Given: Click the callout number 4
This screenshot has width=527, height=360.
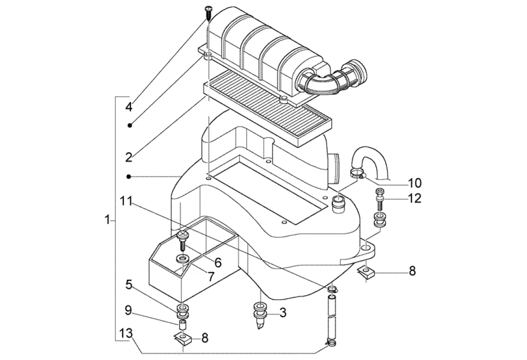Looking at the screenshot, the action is click(129, 107).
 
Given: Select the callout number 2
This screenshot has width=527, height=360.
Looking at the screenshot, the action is click(129, 157).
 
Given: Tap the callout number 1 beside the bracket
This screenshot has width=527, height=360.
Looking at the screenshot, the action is click(107, 220).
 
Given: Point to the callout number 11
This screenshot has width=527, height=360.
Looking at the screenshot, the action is click(126, 201).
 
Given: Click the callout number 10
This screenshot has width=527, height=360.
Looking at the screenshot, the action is click(415, 183).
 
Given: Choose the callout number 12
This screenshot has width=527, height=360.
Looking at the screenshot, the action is click(415, 198).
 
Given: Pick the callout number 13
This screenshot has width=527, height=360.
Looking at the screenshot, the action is click(126, 333).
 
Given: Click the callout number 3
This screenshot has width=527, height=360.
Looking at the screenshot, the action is click(283, 313).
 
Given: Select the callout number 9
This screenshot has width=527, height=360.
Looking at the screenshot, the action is click(128, 310).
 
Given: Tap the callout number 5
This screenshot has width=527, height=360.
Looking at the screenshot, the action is click(129, 285).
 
